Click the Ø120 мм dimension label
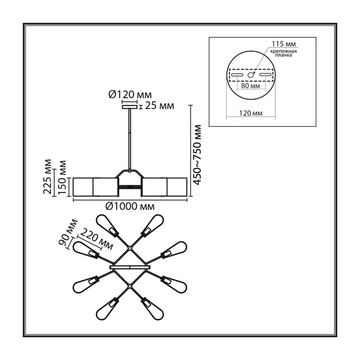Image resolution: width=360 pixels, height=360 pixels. point(130,94)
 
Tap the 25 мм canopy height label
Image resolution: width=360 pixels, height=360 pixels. point(160,106)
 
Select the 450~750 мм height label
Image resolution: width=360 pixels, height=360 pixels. point(197,155)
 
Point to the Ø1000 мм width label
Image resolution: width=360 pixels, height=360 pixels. point(130,207)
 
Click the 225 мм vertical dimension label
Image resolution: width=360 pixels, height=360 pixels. point(48,176)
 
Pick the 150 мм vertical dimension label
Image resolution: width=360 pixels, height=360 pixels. point(63,177)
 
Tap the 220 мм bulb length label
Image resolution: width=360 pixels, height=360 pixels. point(97,239)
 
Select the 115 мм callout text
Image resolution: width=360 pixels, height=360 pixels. point(284,44)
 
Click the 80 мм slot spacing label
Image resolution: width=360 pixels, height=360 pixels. point(251,86)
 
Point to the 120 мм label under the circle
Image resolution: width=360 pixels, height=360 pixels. point(251,113)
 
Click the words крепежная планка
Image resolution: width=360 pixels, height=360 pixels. point(283,53)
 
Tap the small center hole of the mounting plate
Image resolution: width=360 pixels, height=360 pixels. point(251,75)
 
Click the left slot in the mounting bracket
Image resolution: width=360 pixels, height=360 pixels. point(237,75)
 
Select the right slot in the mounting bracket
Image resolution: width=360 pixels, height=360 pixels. point(265,75)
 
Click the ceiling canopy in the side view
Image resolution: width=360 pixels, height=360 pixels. point(130,107)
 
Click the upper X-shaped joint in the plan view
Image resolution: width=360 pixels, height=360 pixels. point(130,248)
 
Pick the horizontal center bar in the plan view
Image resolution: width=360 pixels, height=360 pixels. point(130,267)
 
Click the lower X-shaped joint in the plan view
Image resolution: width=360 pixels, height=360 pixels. point(130,286)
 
